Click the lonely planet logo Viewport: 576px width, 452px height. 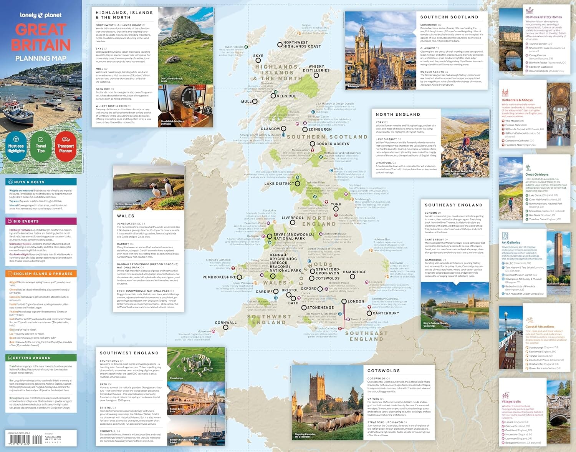point(41,15)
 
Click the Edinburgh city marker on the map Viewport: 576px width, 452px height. point(305,130)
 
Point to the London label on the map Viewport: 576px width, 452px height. point(356,302)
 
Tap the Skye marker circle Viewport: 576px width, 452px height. point(258,60)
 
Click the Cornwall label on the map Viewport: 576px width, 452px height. point(226,323)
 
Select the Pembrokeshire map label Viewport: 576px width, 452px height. point(219,277)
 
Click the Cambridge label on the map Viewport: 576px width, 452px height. point(354,272)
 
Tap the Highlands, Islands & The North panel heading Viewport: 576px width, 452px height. point(124,15)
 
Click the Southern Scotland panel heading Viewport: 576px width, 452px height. point(449,17)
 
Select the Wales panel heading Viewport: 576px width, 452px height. point(126,216)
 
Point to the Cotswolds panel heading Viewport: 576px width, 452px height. point(384,371)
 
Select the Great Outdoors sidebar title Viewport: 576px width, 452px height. point(537,174)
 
